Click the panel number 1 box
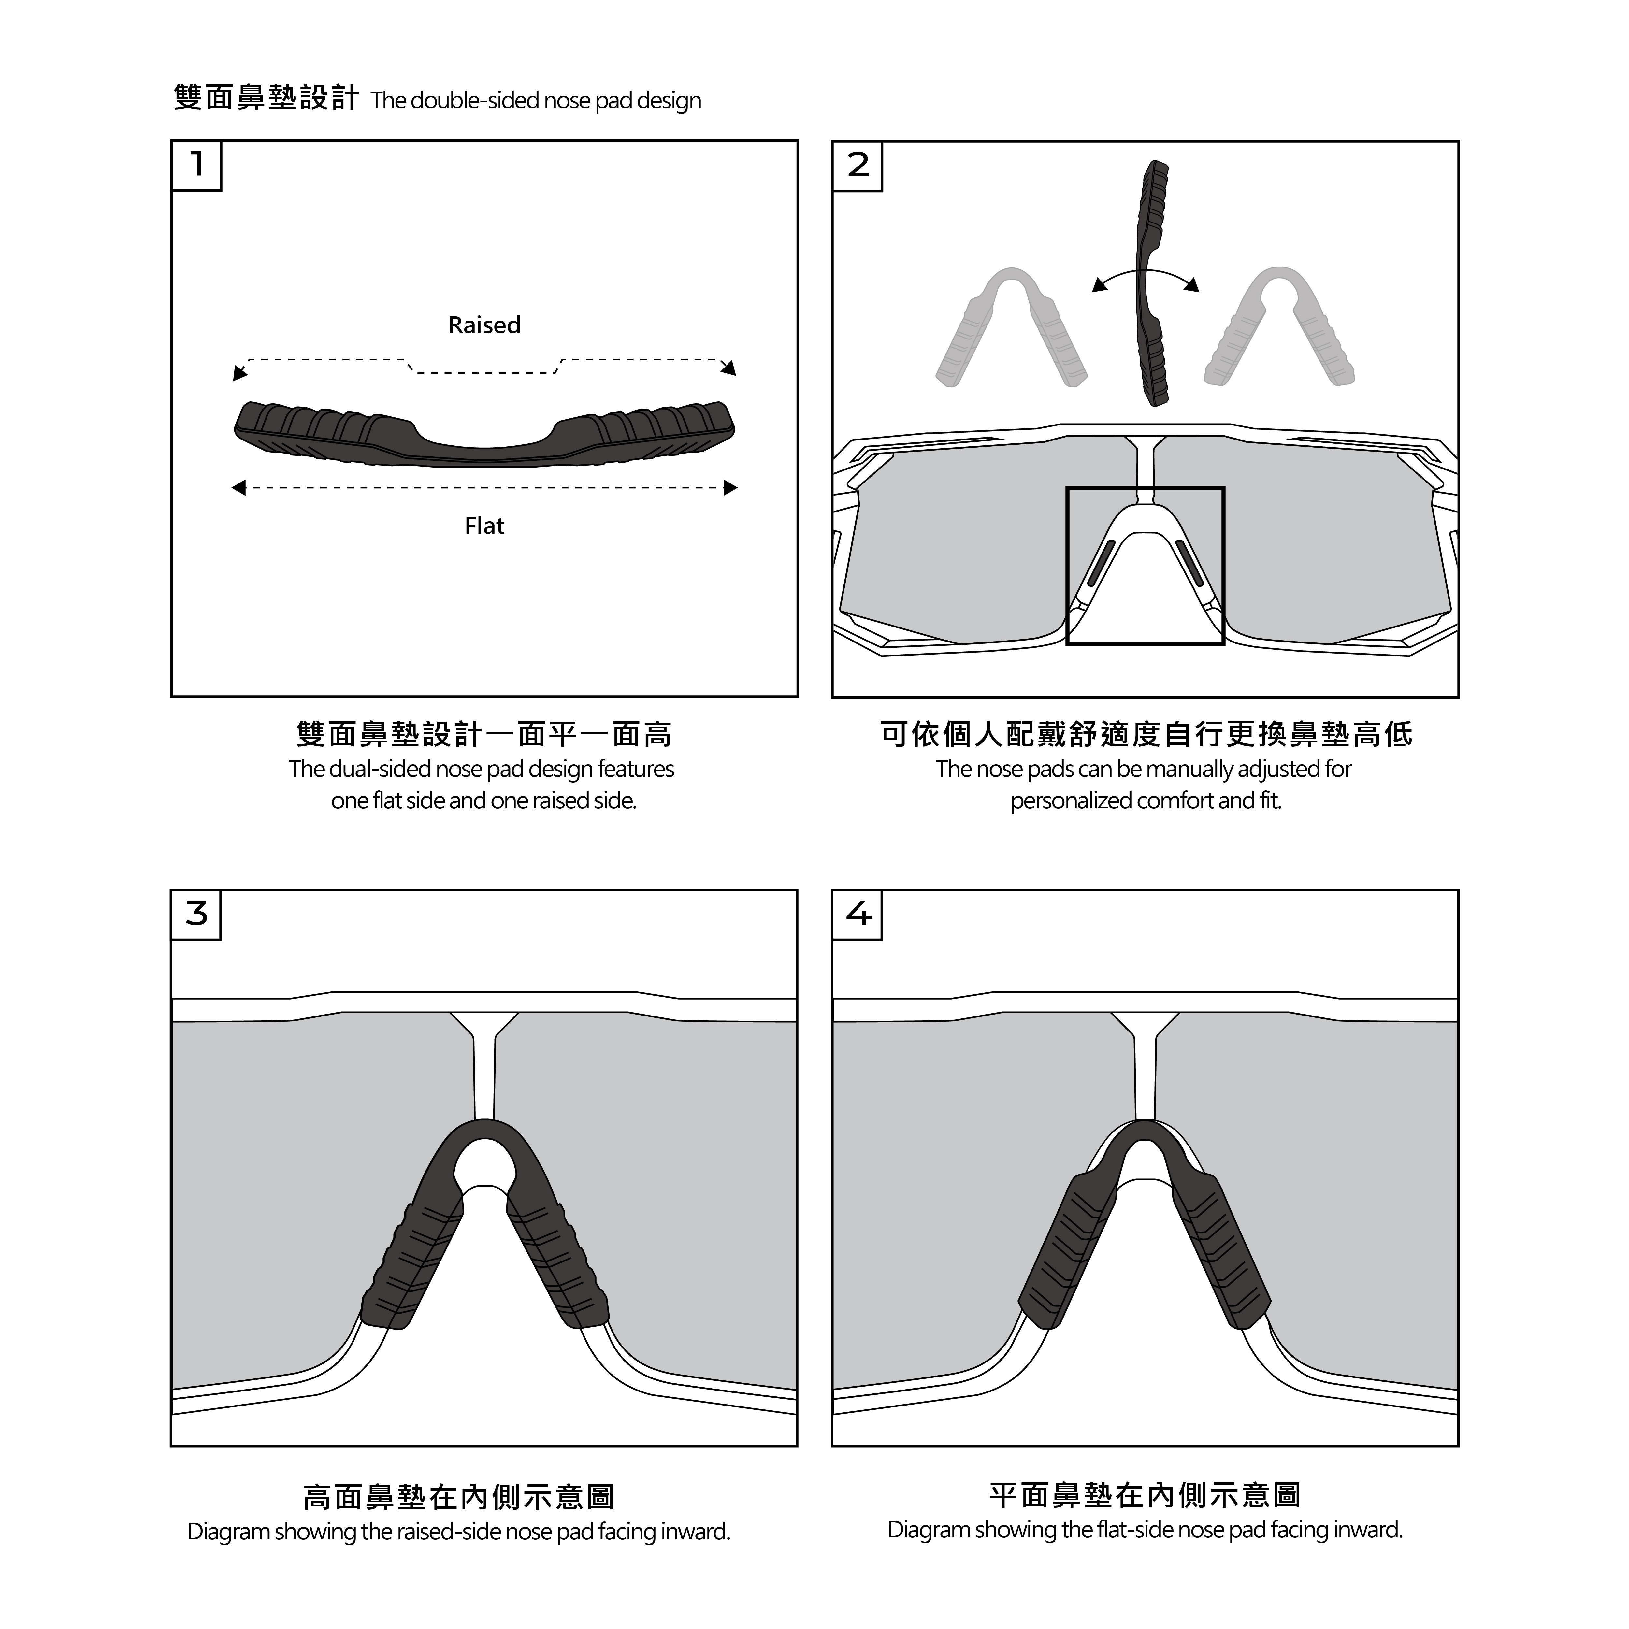pyautogui.click(x=196, y=165)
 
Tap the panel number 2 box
pyautogui.click(x=858, y=166)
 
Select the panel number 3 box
pyautogui.click(x=196, y=915)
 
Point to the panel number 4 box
pyautogui.click(x=858, y=915)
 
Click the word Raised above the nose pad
pyautogui.click(x=484, y=324)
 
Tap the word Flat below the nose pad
pyautogui.click(x=484, y=526)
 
